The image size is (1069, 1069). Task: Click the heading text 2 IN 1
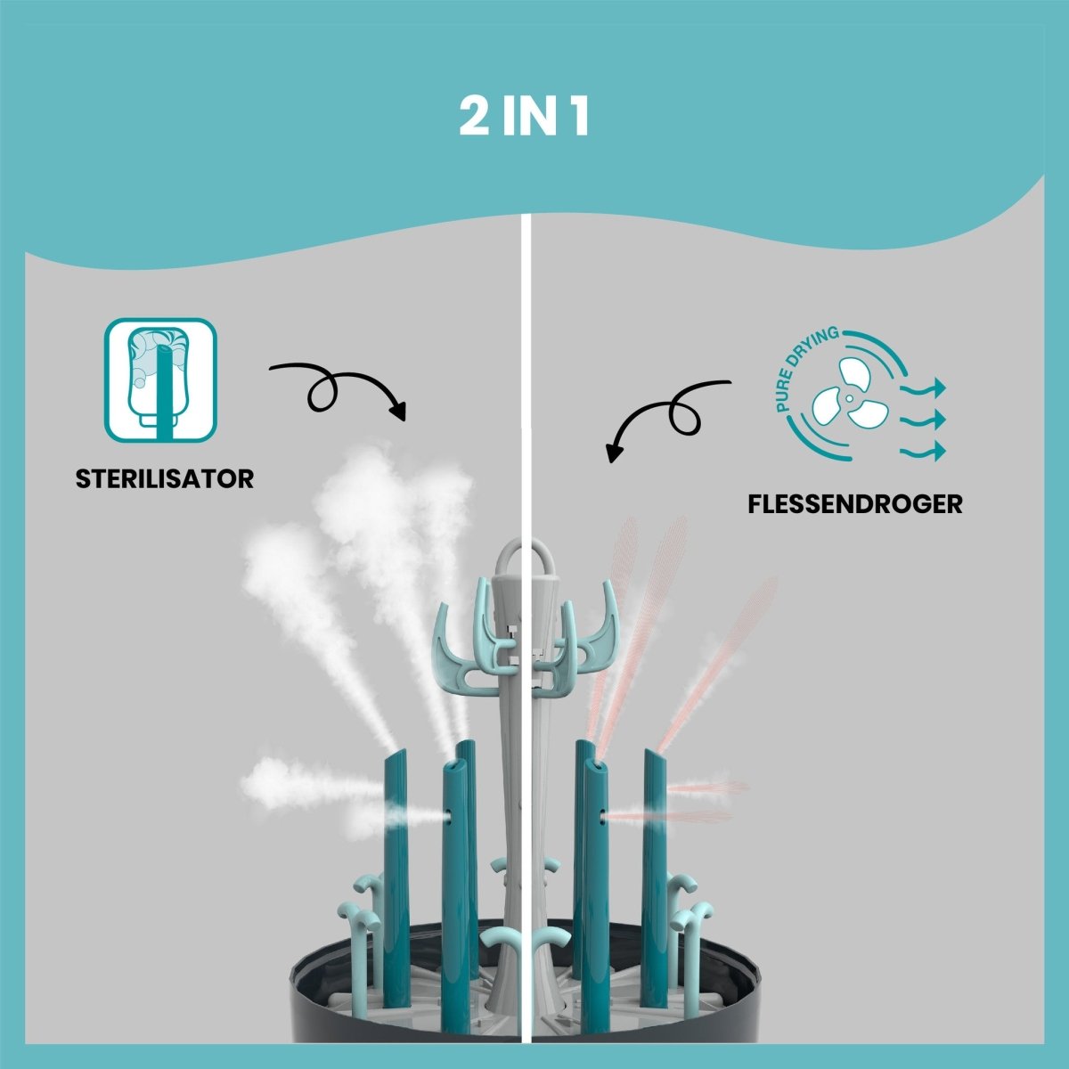click(524, 117)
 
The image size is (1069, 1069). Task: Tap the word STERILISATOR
click(165, 478)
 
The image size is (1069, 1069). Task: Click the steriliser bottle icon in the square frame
click(160, 379)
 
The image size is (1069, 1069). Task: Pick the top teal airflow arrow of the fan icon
click(923, 388)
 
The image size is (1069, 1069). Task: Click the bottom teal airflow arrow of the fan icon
click(923, 452)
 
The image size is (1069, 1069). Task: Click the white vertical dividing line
click(531, 356)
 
